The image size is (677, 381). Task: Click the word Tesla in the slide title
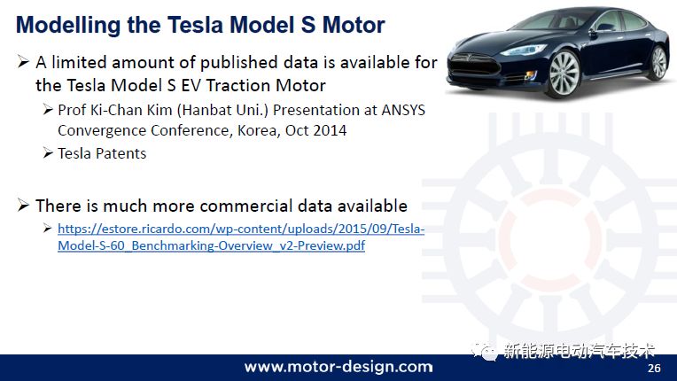196,25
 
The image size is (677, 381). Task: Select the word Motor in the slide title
354,25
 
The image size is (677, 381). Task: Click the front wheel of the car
564,74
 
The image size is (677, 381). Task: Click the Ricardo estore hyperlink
241,237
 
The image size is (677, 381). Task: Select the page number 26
654,368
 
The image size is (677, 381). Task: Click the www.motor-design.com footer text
338,367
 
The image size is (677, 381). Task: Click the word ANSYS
403,110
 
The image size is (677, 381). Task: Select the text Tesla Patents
102,153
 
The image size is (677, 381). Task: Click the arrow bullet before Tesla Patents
48,152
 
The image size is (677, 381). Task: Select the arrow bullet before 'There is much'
23,205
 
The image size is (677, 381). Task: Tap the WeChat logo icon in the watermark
485,350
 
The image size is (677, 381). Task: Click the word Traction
226,85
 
